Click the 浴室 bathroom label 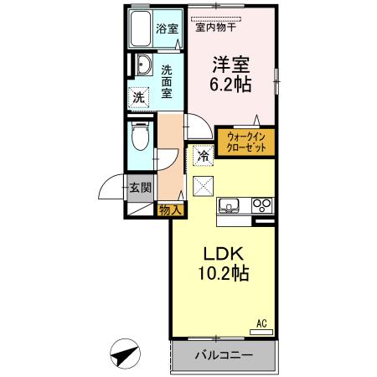[x=167, y=28]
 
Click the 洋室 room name [x=230, y=64]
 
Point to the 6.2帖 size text [x=230, y=85]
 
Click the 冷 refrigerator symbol [x=203, y=155]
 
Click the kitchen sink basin [x=230, y=206]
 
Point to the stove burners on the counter [x=262, y=205]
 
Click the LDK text [x=222, y=252]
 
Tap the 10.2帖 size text [x=222, y=273]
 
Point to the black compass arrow [x=125, y=355]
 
